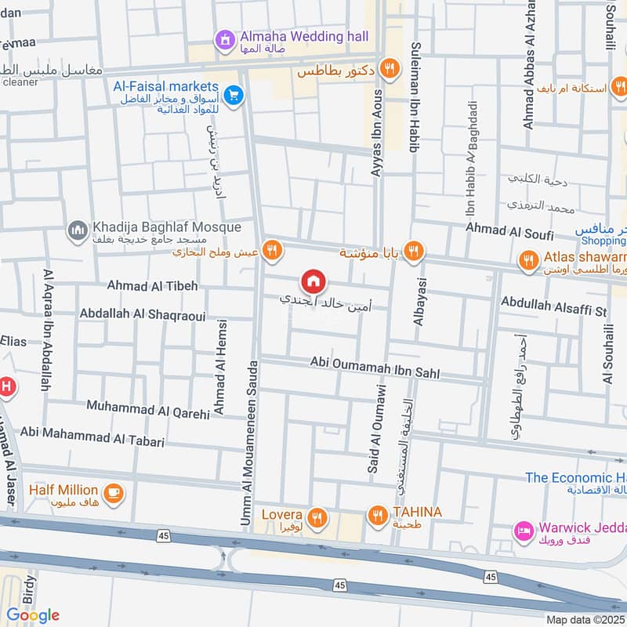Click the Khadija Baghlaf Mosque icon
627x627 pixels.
[77, 229]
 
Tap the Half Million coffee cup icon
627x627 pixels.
[114, 492]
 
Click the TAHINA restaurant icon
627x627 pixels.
[378, 515]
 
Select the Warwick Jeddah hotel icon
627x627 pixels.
[522, 531]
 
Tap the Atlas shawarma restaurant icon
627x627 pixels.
[529, 259]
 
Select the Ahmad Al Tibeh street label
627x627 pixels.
[153, 286]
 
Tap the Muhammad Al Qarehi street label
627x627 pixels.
[148, 408]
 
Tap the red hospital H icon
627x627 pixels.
[5, 386]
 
